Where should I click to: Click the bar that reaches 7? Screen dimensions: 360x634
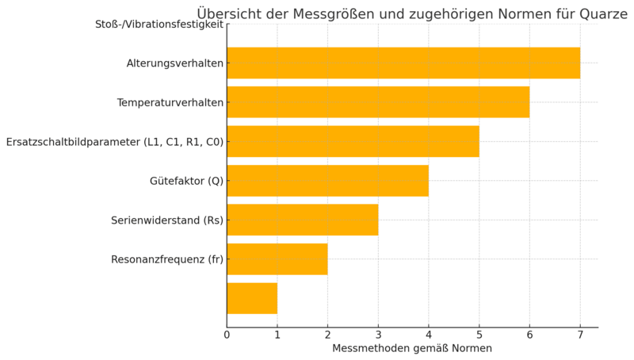click(x=403, y=63)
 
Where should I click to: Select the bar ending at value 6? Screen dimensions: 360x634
click(x=378, y=102)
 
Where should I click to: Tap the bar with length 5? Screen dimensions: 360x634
click(x=353, y=141)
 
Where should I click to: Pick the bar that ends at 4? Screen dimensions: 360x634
click(x=327, y=181)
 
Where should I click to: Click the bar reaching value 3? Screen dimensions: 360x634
click(x=302, y=220)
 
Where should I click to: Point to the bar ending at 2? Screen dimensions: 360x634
click(x=277, y=259)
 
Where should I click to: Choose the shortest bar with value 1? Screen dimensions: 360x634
click(x=252, y=298)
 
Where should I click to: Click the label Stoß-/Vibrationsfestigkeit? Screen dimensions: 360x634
click(x=158, y=25)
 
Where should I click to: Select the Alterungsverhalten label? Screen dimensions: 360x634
click(x=174, y=63)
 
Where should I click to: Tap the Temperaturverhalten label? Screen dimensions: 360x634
click(x=170, y=103)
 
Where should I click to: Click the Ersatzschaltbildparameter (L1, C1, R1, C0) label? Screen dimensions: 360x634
click(x=114, y=142)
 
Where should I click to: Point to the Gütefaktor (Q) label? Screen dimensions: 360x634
click(x=186, y=181)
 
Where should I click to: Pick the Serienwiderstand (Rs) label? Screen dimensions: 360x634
click(x=166, y=220)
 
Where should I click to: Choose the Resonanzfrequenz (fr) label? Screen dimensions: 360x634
click(x=166, y=259)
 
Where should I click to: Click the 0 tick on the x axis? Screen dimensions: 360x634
click(x=227, y=335)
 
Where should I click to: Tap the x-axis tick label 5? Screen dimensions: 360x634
click(x=479, y=335)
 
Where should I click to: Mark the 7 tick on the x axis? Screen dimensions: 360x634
click(x=580, y=335)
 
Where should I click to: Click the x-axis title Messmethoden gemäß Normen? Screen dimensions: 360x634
click(x=412, y=349)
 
